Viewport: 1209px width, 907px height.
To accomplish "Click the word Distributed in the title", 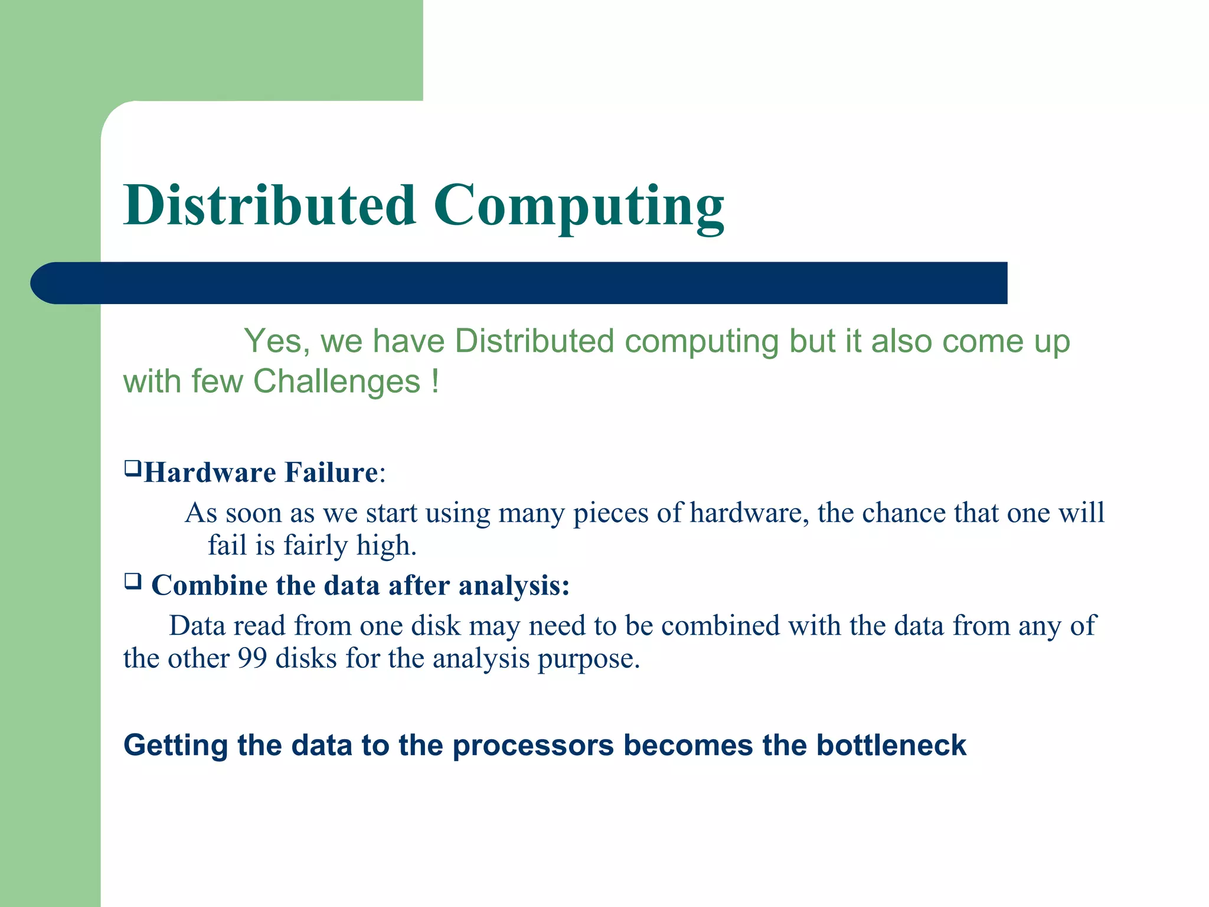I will pyautogui.click(x=270, y=205).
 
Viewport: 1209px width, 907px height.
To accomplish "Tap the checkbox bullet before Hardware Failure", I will pyautogui.click(x=132, y=469).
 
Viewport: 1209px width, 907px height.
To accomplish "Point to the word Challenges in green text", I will pyautogui.click(x=336, y=381).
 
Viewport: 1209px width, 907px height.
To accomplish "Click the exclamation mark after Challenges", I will pyautogui.click(x=435, y=381).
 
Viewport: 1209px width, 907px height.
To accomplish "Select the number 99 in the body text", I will pyautogui.click(x=252, y=658).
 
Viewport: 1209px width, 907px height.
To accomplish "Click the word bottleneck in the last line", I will pyautogui.click(x=891, y=745).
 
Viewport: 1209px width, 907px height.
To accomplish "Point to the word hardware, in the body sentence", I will pyautogui.click(x=749, y=513).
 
